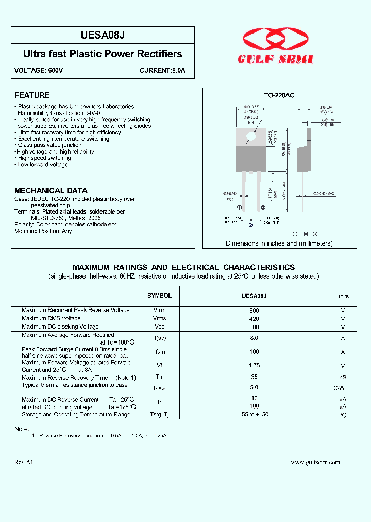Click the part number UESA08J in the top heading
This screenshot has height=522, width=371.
coord(103,35)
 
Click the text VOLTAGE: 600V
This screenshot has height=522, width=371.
coord(39,70)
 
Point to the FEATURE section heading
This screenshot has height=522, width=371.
coord(32,95)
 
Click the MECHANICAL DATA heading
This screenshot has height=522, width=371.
coord(51,191)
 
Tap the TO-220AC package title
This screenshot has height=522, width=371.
coord(279,95)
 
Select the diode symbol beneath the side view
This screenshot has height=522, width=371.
coord(305,234)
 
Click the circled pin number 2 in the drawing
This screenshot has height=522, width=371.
coord(251,225)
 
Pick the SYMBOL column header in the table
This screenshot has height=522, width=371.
coord(159,296)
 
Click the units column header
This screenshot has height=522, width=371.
coord(343,296)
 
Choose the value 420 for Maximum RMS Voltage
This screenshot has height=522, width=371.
coord(254,319)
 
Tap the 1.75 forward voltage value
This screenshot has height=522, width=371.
coord(254,365)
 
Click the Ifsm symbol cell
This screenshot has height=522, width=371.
coord(159,352)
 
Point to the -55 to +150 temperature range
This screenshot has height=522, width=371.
coord(254,414)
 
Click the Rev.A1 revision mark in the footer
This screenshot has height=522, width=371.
coord(24,462)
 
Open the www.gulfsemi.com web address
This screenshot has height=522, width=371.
coord(315,462)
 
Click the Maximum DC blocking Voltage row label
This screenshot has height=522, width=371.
coord(60,327)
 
